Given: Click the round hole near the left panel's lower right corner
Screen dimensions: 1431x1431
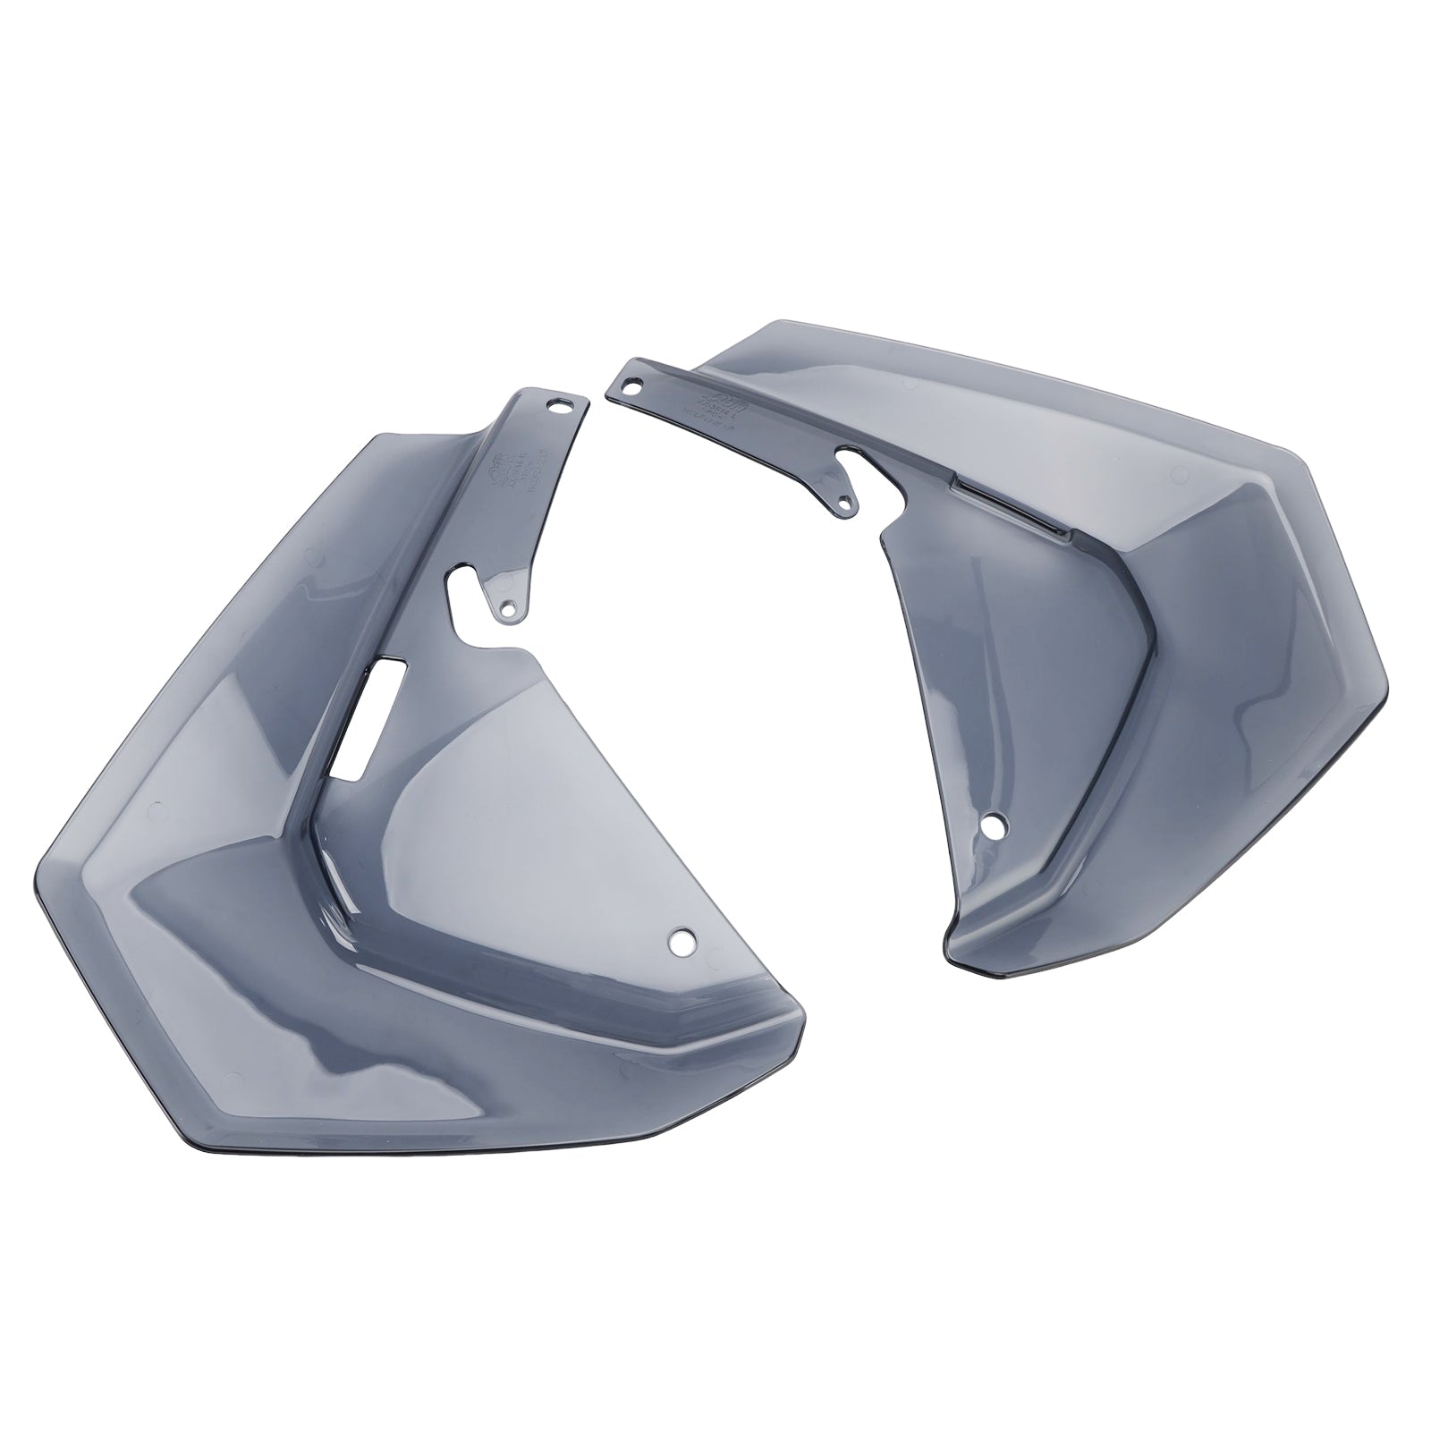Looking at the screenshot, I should (683, 941).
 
